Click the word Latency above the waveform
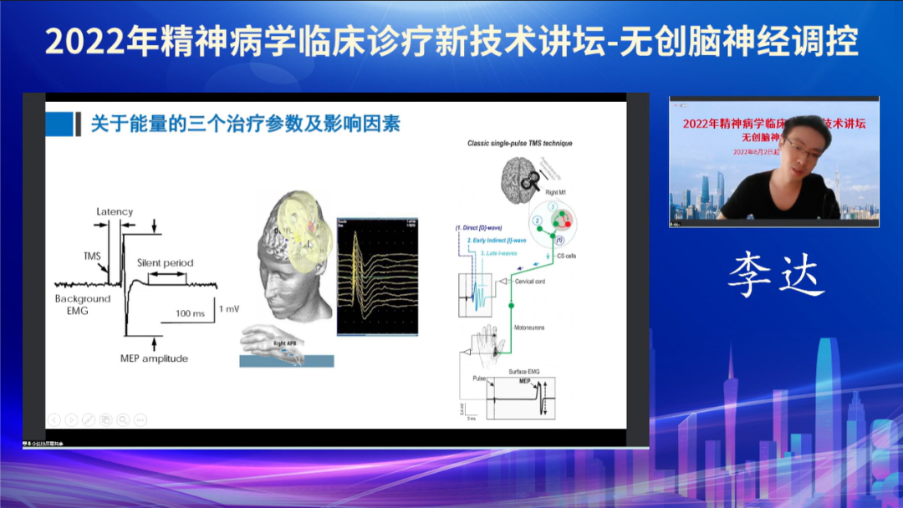(115, 211)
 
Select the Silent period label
(165, 263)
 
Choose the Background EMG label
(83, 304)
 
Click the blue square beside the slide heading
(59, 124)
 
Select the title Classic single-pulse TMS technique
(519, 144)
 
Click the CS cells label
(565, 256)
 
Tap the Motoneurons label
(529, 328)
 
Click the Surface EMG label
(527, 370)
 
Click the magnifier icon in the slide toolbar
(123, 419)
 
